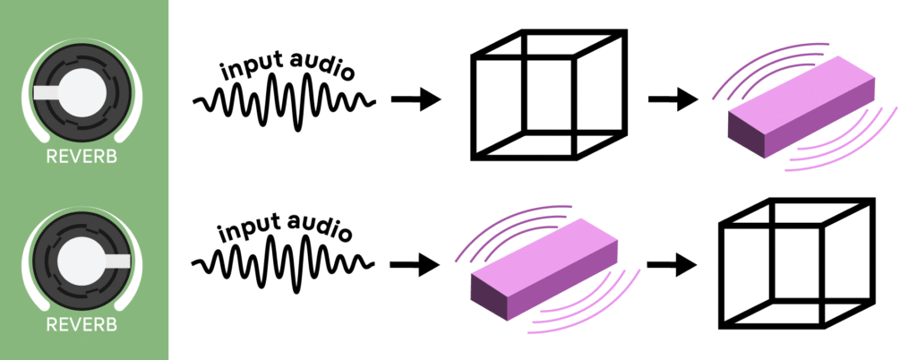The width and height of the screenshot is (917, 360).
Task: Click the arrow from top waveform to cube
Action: click(x=416, y=99)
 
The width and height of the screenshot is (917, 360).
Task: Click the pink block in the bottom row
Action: click(x=546, y=269)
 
